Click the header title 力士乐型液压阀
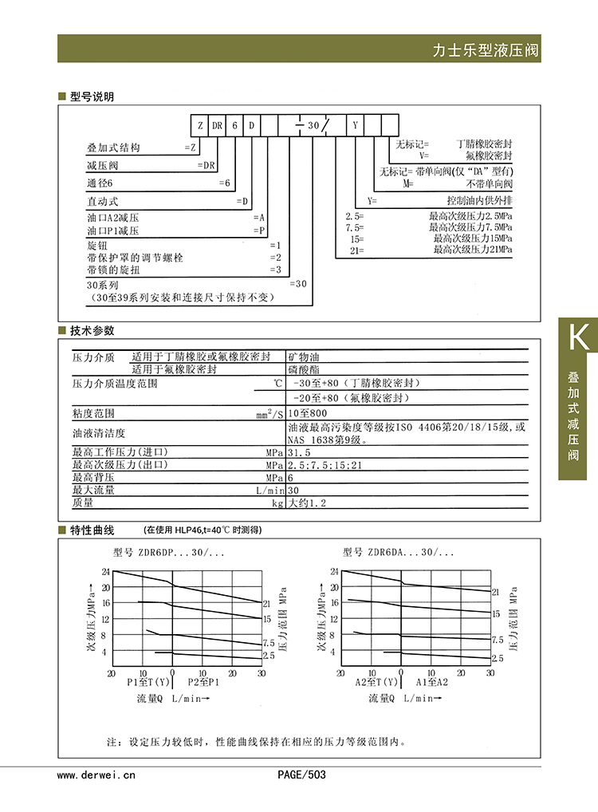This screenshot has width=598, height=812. [x=486, y=50]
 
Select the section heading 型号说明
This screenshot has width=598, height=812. [x=92, y=97]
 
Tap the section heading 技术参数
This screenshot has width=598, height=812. [x=92, y=330]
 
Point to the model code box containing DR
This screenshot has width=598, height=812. [x=217, y=125]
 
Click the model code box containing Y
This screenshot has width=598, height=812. [x=355, y=125]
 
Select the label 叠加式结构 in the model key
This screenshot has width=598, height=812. [x=113, y=148]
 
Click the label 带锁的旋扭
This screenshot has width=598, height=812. [x=112, y=270]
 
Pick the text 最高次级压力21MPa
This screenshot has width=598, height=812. [x=472, y=250]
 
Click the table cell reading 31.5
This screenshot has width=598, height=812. [x=301, y=452]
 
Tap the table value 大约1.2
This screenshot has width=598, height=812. [x=308, y=503]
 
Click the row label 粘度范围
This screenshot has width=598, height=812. [x=93, y=413]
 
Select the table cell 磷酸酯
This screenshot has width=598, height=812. [x=304, y=369]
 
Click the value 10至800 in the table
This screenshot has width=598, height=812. [x=308, y=413]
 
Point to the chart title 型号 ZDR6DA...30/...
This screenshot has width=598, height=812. [x=399, y=552]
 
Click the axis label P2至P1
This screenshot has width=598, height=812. [x=203, y=683]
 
